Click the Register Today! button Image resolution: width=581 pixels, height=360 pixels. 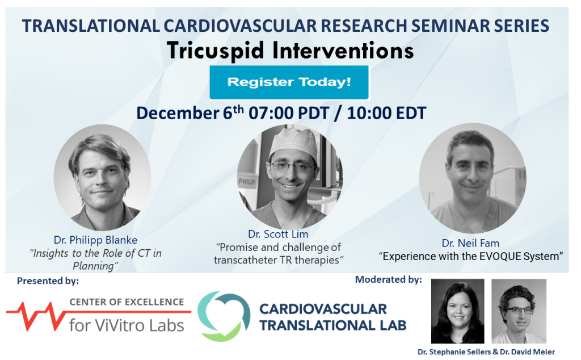pyautogui.click(x=289, y=82)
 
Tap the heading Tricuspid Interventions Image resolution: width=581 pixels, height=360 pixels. pyautogui.click(x=290, y=51)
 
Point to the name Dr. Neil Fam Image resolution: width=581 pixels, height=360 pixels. pyautogui.click(x=471, y=243)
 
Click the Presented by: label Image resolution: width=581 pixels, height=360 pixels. pyautogui.click(x=48, y=281)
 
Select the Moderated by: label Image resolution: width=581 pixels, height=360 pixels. pyautogui.click(x=388, y=279)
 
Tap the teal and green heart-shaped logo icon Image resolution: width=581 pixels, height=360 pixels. pyautogui.click(x=224, y=316)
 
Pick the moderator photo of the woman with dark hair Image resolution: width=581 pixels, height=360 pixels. pyautogui.click(x=457, y=311)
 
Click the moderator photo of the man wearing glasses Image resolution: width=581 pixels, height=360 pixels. pyautogui.click(x=519, y=311)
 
